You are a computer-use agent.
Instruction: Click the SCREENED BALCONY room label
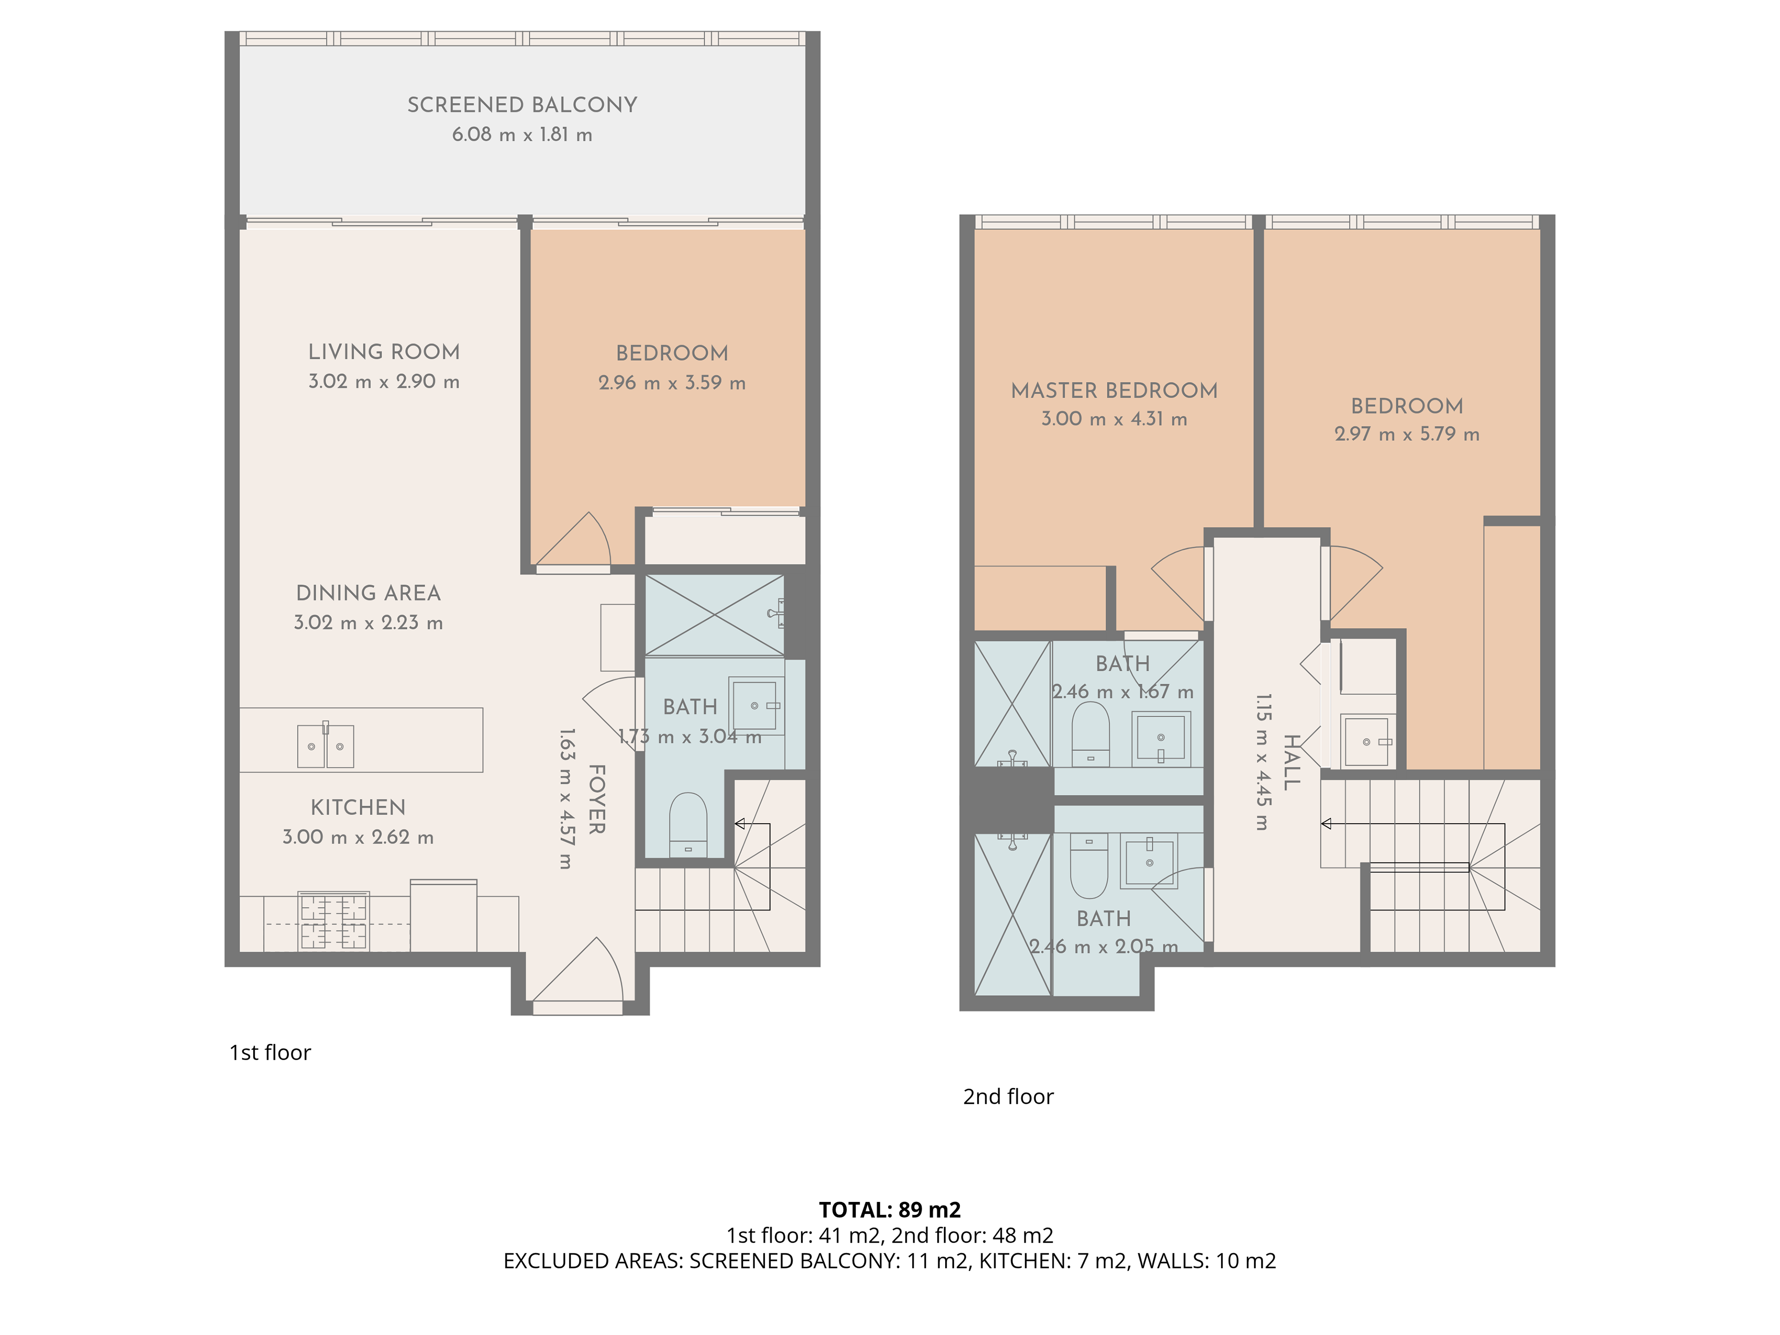(522, 105)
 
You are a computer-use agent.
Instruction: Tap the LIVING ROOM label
(384, 352)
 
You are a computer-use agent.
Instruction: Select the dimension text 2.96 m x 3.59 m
(672, 383)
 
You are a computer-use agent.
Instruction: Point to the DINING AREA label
(369, 593)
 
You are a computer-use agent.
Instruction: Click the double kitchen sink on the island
(325, 745)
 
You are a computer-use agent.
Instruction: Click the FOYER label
(596, 799)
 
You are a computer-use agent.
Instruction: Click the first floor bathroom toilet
(688, 825)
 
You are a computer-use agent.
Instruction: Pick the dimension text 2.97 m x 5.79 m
(1407, 434)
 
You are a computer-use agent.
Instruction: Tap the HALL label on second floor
(1291, 762)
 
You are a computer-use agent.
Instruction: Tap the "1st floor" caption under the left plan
(270, 1053)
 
